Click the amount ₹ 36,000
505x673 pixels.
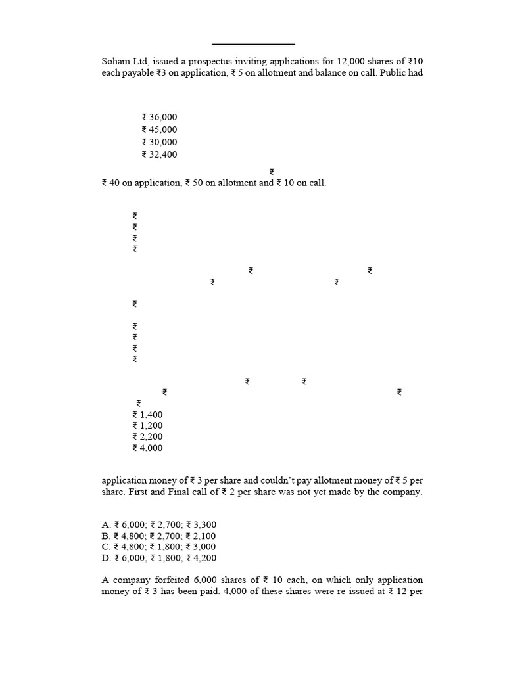pyautogui.click(x=159, y=118)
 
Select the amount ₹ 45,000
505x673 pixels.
pyautogui.click(x=159, y=130)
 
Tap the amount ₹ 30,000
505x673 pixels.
pyautogui.click(x=159, y=143)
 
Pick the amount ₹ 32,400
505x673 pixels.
pyautogui.click(x=159, y=155)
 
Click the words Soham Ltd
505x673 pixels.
pyautogui.click(x=121, y=61)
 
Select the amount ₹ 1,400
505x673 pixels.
pyautogui.click(x=147, y=415)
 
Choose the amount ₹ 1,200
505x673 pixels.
pyautogui.click(x=147, y=426)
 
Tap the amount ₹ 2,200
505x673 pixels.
pyautogui.click(x=147, y=437)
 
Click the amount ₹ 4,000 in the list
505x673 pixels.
pyautogui.click(x=147, y=448)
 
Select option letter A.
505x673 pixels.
pyautogui.click(x=106, y=524)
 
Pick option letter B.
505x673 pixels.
pyautogui.click(x=106, y=536)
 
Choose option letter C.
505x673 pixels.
pyautogui.click(x=106, y=547)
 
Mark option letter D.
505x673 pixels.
pyautogui.click(x=106, y=558)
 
